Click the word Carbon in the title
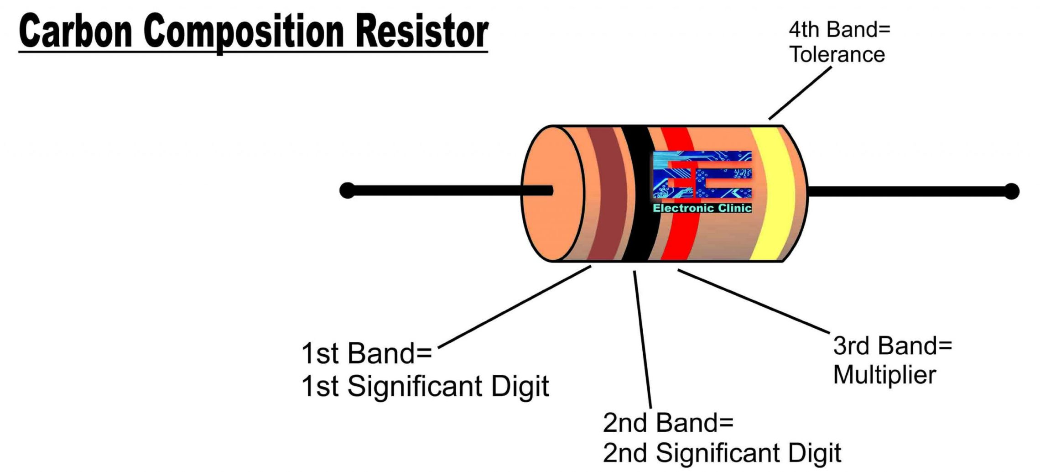click(75, 31)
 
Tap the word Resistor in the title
click(421, 31)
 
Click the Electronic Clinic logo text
click(702, 208)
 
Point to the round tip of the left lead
click(347, 190)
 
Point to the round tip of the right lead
click(1011, 191)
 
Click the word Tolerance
click(837, 55)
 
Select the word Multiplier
click(884, 375)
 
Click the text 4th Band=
click(839, 30)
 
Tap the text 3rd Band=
click(892, 346)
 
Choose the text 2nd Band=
click(668, 423)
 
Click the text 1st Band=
click(366, 353)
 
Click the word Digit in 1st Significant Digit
click(520, 387)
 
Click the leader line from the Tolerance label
click(801, 93)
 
